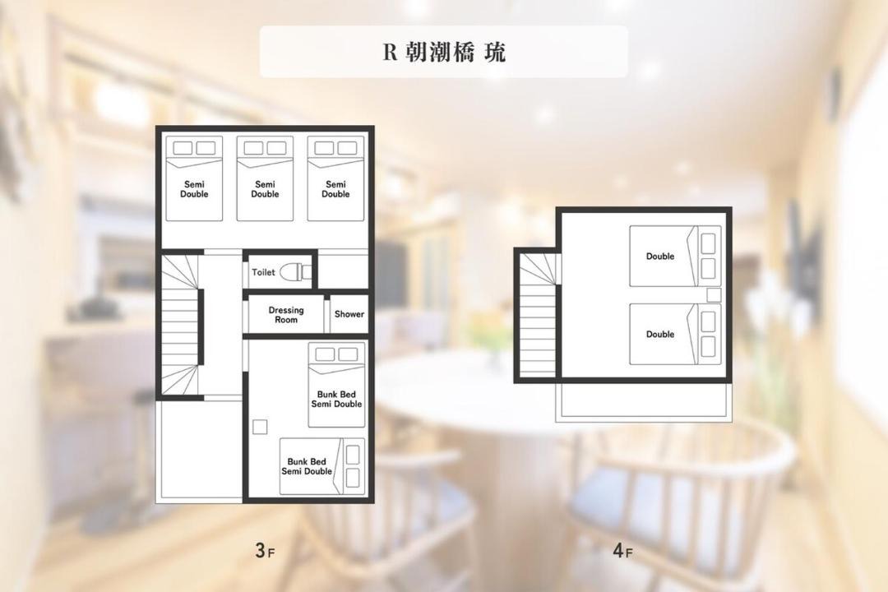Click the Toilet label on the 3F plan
(263, 272)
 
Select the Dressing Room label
(286, 315)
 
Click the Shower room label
(349, 314)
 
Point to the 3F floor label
(265, 550)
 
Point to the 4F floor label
(622, 550)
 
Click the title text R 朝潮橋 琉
(444, 52)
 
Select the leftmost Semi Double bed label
(194, 189)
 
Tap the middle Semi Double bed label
(265, 189)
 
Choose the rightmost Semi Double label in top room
(335, 189)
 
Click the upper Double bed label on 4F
(660, 257)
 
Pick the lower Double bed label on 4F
(660, 335)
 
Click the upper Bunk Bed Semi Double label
(336, 399)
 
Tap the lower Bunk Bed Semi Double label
(307, 466)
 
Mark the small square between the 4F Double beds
(715, 294)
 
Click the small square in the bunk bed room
(260, 427)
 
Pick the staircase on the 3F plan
(181, 325)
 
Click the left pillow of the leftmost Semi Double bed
(183, 148)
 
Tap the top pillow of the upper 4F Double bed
(708, 243)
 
